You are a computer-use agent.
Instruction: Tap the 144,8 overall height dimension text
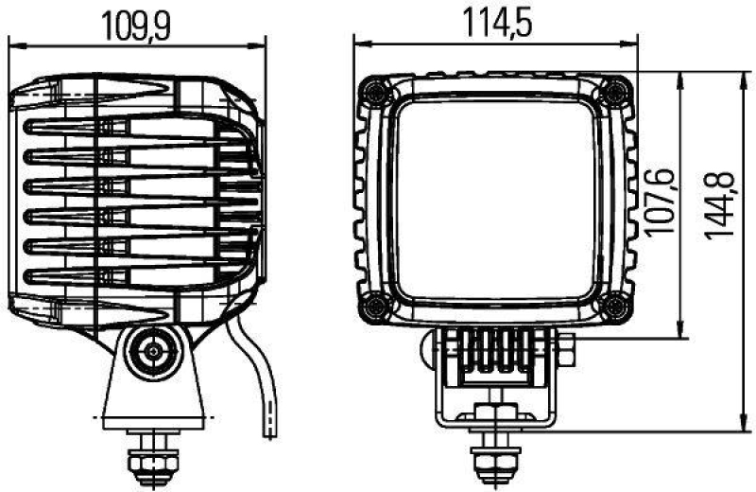point(719,203)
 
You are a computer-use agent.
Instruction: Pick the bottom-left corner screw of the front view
point(376,304)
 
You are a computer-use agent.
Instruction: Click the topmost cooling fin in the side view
point(132,127)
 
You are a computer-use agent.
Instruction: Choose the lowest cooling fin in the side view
point(132,276)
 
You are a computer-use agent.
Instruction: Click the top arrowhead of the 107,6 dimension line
point(679,76)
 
